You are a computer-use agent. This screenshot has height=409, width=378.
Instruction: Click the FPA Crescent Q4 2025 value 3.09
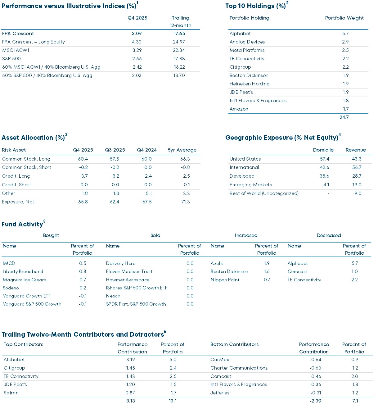[x=137, y=34]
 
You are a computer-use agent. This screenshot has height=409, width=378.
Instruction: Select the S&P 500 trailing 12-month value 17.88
[x=179, y=59]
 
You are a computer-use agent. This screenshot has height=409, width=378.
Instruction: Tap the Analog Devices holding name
[x=247, y=42]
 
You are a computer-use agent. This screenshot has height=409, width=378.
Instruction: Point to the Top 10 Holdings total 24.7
[x=344, y=117]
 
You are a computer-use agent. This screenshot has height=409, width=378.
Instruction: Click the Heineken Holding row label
[x=249, y=84]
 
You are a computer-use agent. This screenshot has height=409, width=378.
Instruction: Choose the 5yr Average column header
[x=182, y=150]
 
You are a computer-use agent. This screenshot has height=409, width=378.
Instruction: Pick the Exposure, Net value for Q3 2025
[x=115, y=202]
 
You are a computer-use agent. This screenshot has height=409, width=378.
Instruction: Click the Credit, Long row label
[x=16, y=176]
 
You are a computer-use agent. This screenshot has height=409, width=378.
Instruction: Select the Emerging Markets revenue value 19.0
[x=357, y=185]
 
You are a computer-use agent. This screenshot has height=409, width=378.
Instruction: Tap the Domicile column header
[x=323, y=150]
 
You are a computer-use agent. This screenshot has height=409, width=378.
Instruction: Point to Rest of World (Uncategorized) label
[x=264, y=193]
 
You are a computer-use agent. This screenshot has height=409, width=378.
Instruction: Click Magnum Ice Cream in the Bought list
[x=25, y=280]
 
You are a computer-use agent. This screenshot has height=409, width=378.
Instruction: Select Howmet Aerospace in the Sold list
[x=128, y=280]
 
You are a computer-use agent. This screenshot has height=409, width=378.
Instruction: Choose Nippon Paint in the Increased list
[x=225, y=280]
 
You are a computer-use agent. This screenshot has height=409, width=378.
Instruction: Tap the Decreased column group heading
[x=329, y=235]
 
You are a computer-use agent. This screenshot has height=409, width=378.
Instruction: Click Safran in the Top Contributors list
[x=11, y=393]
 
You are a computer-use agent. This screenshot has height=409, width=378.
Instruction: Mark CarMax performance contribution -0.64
[x=315, y=360]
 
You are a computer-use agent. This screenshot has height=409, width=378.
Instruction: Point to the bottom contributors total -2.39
[x=315, y=401]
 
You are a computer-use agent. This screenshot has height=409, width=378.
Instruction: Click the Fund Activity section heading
[x=22, y=224]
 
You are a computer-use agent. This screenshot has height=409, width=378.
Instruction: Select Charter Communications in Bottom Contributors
[x=239, y=368]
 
